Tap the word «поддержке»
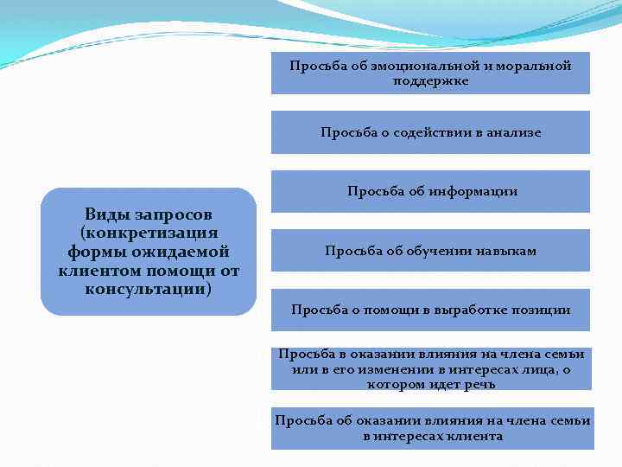click(430, 80)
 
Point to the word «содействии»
click(418, 132)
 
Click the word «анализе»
click(512, 132)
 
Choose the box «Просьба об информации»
click(431, 191)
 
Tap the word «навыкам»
click(505, 251)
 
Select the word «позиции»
click(543, 310)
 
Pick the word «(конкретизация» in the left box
click(149, 233)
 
